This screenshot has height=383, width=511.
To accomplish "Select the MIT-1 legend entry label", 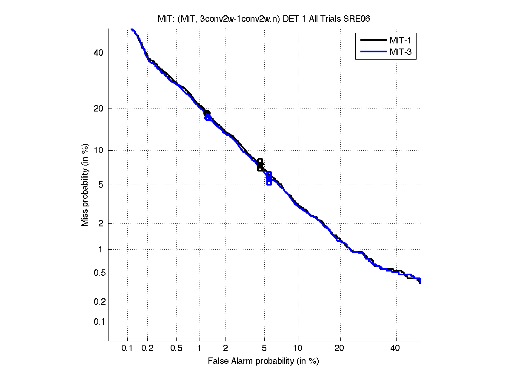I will coord(400,40).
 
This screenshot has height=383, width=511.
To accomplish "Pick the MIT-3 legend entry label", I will coord(400,52).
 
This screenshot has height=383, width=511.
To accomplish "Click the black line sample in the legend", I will coord(372,40).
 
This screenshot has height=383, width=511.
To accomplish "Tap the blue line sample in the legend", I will coord(372,52).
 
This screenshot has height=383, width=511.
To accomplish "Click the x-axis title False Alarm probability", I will coord(263,361).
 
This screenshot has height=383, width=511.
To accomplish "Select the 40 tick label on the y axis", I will coord(99,53).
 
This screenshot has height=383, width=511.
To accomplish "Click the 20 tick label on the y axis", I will coord(99,109).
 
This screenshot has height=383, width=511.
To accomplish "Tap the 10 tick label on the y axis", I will coord(99,150).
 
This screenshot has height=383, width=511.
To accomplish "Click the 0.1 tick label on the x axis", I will coord(127,348).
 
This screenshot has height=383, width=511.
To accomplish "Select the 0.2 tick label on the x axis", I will coord(147,348).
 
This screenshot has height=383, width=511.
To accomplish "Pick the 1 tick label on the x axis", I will coord(200,348).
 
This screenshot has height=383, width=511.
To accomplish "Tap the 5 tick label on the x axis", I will coord(264,348).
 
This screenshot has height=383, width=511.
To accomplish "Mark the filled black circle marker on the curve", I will coord(207,113).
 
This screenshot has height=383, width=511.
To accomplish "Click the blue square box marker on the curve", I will coord(269,178).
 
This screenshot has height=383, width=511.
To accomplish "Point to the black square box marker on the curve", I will coord(260,164).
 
